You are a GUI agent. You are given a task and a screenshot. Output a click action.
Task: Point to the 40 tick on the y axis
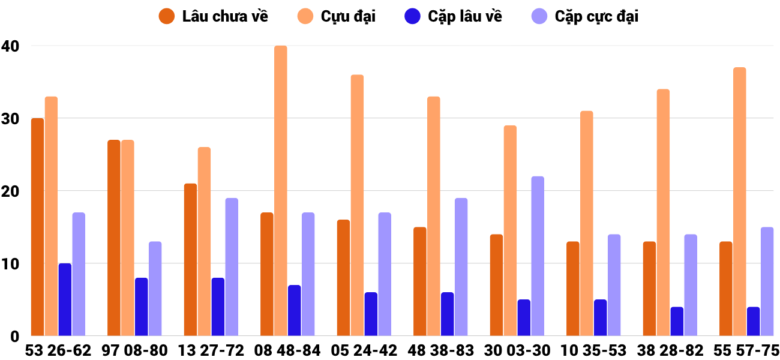(10, 46)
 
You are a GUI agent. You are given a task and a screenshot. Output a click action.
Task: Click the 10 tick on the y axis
(10, 264)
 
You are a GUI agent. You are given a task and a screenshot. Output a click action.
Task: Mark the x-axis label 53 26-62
(58, 350)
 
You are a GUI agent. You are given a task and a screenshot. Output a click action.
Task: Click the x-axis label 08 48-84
(287, 350)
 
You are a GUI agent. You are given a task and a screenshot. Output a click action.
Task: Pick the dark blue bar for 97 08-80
(142, 307)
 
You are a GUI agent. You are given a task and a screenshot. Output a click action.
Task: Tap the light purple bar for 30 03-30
(538, 256)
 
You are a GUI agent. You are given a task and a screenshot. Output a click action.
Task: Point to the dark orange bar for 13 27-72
(190, 260)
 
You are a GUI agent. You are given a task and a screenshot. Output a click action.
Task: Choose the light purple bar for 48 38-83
(461, 267)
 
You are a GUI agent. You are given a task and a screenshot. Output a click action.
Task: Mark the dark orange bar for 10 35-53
(573, 289)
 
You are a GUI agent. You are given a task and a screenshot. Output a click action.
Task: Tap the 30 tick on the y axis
(10, 119)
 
